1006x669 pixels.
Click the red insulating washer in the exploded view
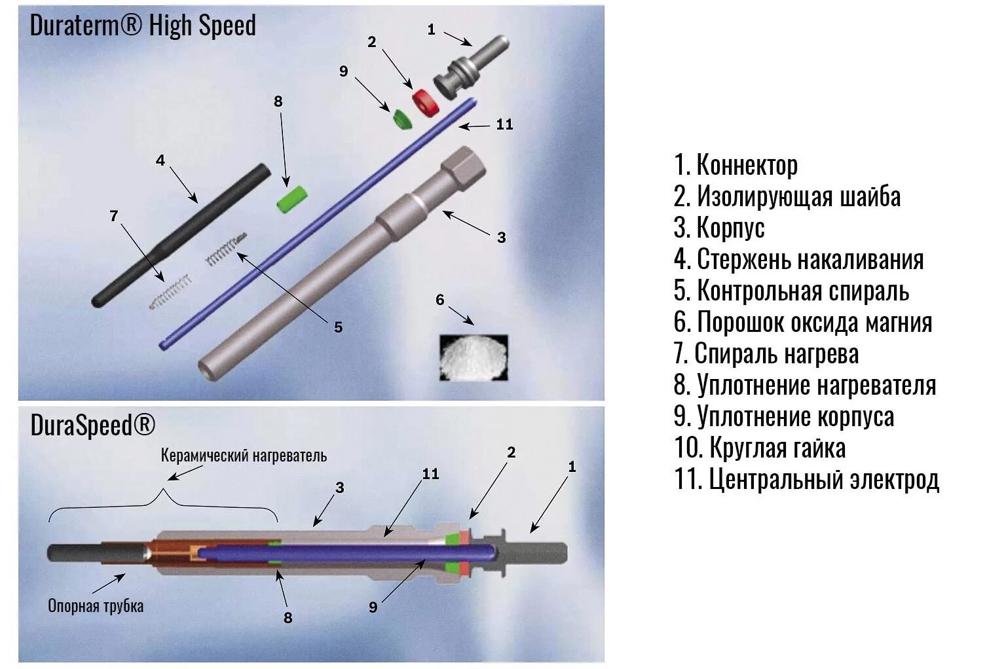tap(426, 102)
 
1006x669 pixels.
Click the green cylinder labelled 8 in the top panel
tap(291, 199)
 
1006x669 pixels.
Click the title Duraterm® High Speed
tap(143, 26)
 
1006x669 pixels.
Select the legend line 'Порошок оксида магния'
tap(803, 322)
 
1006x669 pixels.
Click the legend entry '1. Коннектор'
tap(736, 165)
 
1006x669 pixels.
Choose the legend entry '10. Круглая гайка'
tap(760, 448)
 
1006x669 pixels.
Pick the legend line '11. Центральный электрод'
tap(807, 479)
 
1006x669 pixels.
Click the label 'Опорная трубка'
tap(96, 606)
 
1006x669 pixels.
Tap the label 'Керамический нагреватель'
tap(244, 456)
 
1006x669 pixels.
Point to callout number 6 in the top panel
tap(440, 300)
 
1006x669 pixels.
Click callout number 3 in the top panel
tap(501, 238)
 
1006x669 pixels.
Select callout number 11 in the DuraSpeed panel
tap(430, 473)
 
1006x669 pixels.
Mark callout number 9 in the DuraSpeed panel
tap(373, 607)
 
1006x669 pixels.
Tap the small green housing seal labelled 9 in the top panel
tap(401, 118)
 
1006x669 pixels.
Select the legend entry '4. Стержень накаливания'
tap(799, 259)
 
